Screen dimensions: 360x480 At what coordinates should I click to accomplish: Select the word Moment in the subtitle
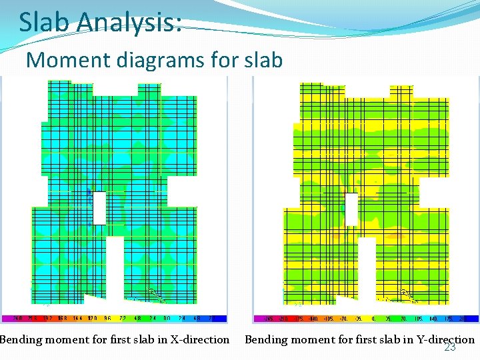[63, 60]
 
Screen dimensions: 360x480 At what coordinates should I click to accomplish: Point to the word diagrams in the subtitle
[155, 60]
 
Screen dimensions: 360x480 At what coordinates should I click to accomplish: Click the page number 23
[450, 347]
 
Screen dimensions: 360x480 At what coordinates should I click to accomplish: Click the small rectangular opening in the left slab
[99, 207]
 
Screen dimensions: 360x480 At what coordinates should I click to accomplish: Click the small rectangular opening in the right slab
[351, 209]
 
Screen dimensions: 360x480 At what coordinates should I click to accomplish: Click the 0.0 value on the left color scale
[168, 319]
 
